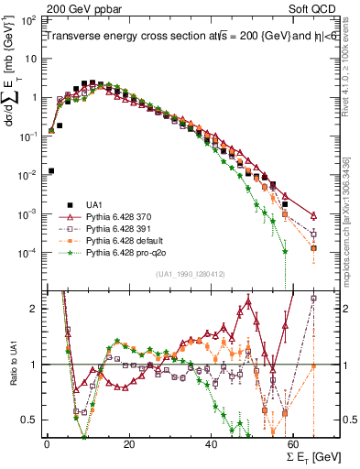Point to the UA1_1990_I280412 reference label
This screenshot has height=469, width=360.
179,274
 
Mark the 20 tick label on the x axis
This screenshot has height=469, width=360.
129,442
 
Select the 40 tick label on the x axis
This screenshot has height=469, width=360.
212,442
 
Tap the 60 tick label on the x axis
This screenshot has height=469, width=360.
294,442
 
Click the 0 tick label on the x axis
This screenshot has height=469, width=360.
47,442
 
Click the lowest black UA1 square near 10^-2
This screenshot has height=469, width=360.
51,170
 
